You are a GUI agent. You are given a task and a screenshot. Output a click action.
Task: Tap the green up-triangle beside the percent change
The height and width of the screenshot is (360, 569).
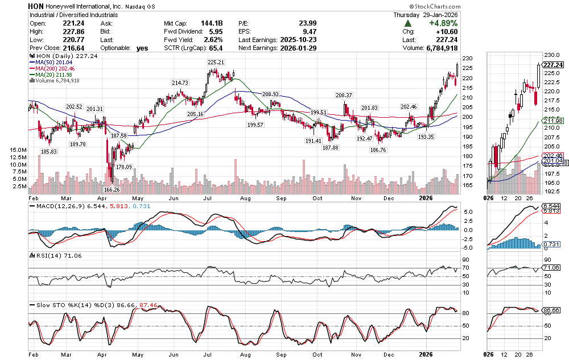coord(409,24)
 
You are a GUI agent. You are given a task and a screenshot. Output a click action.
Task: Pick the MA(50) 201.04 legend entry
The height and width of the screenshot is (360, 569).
coord(53,62)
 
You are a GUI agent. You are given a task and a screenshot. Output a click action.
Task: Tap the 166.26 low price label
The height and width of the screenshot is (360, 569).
coord(112,189)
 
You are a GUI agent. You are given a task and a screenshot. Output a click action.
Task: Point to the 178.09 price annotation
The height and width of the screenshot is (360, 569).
coord(123,167)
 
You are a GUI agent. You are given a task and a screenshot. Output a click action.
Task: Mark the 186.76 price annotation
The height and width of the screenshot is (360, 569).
coord(378,150)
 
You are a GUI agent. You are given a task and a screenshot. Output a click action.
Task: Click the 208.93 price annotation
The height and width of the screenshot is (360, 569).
coord(270,94)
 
